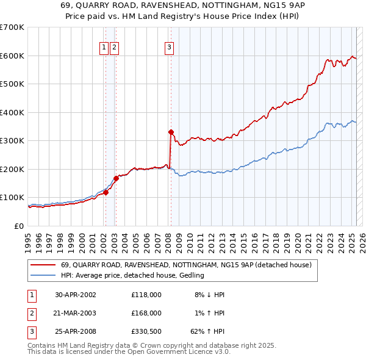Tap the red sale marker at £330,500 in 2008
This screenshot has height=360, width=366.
[171, 132]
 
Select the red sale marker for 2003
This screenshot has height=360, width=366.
[116, 178]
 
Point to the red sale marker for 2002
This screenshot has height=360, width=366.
[106, 192]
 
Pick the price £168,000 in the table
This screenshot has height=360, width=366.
[146, 313]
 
